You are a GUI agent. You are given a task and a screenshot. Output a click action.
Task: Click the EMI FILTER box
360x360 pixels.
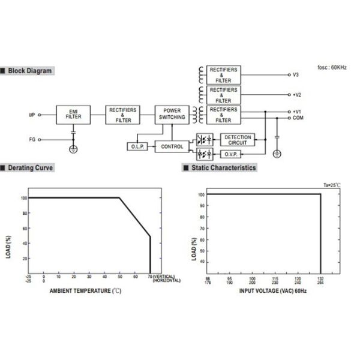point(73,114)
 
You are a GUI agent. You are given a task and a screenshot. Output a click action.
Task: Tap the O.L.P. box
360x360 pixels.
point(134,146)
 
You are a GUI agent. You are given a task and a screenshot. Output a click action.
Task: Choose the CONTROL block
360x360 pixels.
point(172,146)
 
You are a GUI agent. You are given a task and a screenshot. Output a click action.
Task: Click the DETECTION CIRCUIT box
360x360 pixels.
point(238,140)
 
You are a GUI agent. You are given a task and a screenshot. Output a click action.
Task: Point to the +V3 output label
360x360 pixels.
point(295,75)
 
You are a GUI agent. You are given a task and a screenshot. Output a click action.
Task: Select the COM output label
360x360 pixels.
point(298,118)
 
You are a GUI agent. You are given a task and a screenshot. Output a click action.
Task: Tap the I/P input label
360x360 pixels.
point(32,114)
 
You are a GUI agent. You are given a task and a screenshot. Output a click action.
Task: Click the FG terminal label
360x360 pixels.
point(32,139)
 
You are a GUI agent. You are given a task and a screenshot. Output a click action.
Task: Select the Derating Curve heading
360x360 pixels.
point(31,168)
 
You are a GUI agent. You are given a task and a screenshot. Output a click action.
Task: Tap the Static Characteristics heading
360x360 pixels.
point(224,168)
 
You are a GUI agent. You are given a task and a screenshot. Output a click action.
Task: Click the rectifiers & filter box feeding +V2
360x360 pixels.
point(223,94)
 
